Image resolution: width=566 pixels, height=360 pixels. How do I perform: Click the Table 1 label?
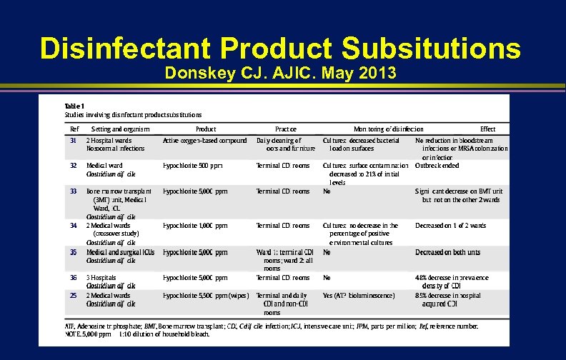click(74, 105)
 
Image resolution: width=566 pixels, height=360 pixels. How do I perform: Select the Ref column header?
click(74, 129)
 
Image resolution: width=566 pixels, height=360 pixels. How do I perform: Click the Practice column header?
click(285, 129)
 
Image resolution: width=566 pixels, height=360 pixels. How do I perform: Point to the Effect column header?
click(488, 129)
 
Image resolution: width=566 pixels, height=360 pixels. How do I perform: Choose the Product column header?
click(206, 129)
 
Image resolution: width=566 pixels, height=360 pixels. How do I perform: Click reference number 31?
click(73, 140)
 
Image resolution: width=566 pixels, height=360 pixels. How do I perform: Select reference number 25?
click(73, 295)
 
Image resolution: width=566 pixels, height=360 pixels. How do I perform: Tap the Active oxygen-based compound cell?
click(205, 140)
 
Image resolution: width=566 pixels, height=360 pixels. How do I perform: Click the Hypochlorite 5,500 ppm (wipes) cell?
click(205, 295)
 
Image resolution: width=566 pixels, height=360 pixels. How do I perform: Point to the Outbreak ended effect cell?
click(437, 165)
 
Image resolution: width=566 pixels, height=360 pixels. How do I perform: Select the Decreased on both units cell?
click(448, 251)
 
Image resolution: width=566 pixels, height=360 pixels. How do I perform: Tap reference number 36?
click(73, 277)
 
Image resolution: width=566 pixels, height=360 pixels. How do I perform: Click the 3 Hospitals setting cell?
click(103, 277)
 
